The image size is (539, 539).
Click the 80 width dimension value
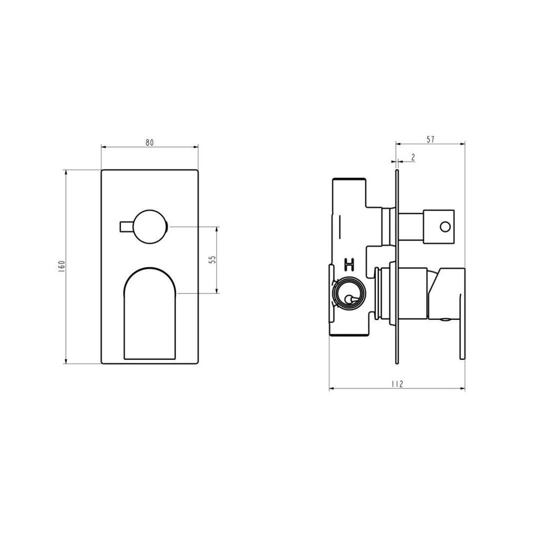pyautogui.click(x=150, y=142)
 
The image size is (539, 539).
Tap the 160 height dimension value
pyautogui.click(x=62, y=267)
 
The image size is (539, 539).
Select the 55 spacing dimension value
pyautogui.click(x=213, y=260)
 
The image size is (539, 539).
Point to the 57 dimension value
pyautogui.click(x=430, y=140)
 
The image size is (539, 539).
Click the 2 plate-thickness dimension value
pyautogui.click(x=413, y=157)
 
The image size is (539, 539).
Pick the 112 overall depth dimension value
pyautogui.click(x=397, y=384)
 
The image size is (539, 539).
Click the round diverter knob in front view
pyautogui.click(x=150, y=227)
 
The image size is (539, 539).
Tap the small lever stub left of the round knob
pyautogui.click(x=126, y=227)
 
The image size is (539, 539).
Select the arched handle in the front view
pyautogui.click(x=150, y=313)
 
